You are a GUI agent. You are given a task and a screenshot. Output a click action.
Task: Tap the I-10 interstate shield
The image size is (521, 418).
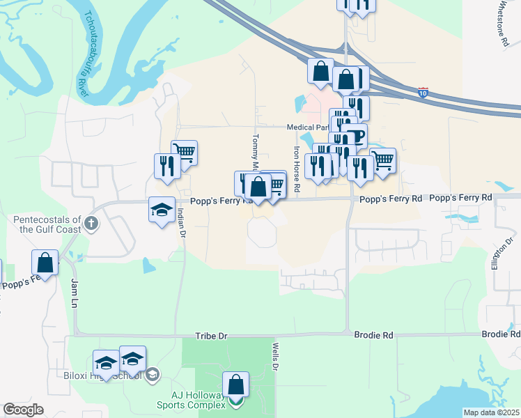tap(423, 91)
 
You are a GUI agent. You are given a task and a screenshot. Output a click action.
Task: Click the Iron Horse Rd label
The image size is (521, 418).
tap(297, 169)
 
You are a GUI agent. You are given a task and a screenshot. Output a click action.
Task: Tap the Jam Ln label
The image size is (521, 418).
tap(74, 293)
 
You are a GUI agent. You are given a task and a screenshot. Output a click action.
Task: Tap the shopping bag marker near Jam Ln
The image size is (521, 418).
tap(45, 263)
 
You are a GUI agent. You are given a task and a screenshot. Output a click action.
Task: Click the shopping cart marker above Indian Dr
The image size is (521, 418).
tap(184, 151)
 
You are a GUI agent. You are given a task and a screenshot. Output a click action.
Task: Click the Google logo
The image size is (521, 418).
tap(24, 410)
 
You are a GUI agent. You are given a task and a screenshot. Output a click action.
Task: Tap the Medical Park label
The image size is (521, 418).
tap(307, 127)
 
